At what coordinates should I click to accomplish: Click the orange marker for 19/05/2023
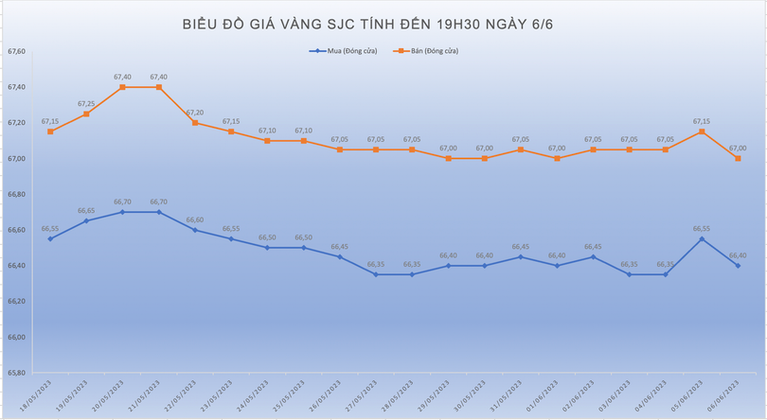click(x=86, y=114)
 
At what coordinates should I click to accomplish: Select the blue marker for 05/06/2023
click(x=702, y=239)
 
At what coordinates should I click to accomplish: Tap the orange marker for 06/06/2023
click(x=738, y=158)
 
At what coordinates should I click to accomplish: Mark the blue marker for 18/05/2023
click(x=50, y=238)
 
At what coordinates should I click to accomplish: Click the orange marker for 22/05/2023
click(x=195, y=123)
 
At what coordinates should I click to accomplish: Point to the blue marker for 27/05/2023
click(x=376, y=274)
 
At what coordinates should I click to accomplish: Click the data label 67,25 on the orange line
click(x=86, y=103)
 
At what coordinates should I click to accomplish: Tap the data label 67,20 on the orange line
click(x=195, y=113)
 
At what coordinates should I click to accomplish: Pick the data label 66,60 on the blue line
click(x=195, y=219)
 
